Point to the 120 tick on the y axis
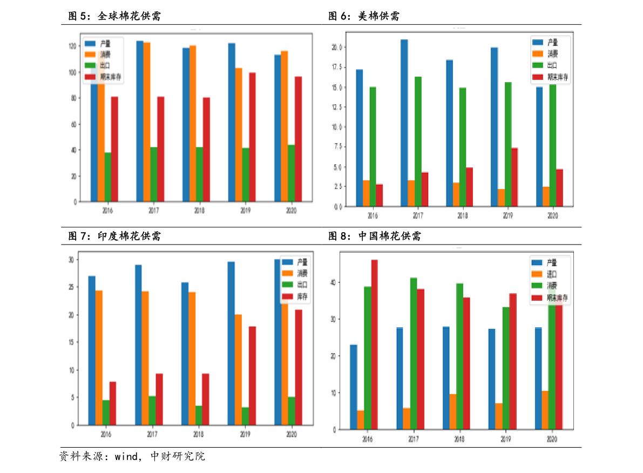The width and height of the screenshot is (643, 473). [x=72, y=46]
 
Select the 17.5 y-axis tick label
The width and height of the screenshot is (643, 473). [x=336, y=67]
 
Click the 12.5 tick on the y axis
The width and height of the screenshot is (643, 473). [x=336, y=107]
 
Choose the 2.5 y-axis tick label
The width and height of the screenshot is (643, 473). [x=338, y=186]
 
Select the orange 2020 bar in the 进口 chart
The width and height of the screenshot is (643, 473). [x=545, y=410]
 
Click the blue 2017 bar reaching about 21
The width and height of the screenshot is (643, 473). [x=404, y=123]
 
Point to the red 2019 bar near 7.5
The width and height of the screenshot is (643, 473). [x=515, y=177]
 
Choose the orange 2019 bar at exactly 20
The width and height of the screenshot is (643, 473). [x=238, y=369]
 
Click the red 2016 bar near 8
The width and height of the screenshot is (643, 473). [x=112, y=403]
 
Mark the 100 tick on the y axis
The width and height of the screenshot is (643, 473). [x=72, y=72]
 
